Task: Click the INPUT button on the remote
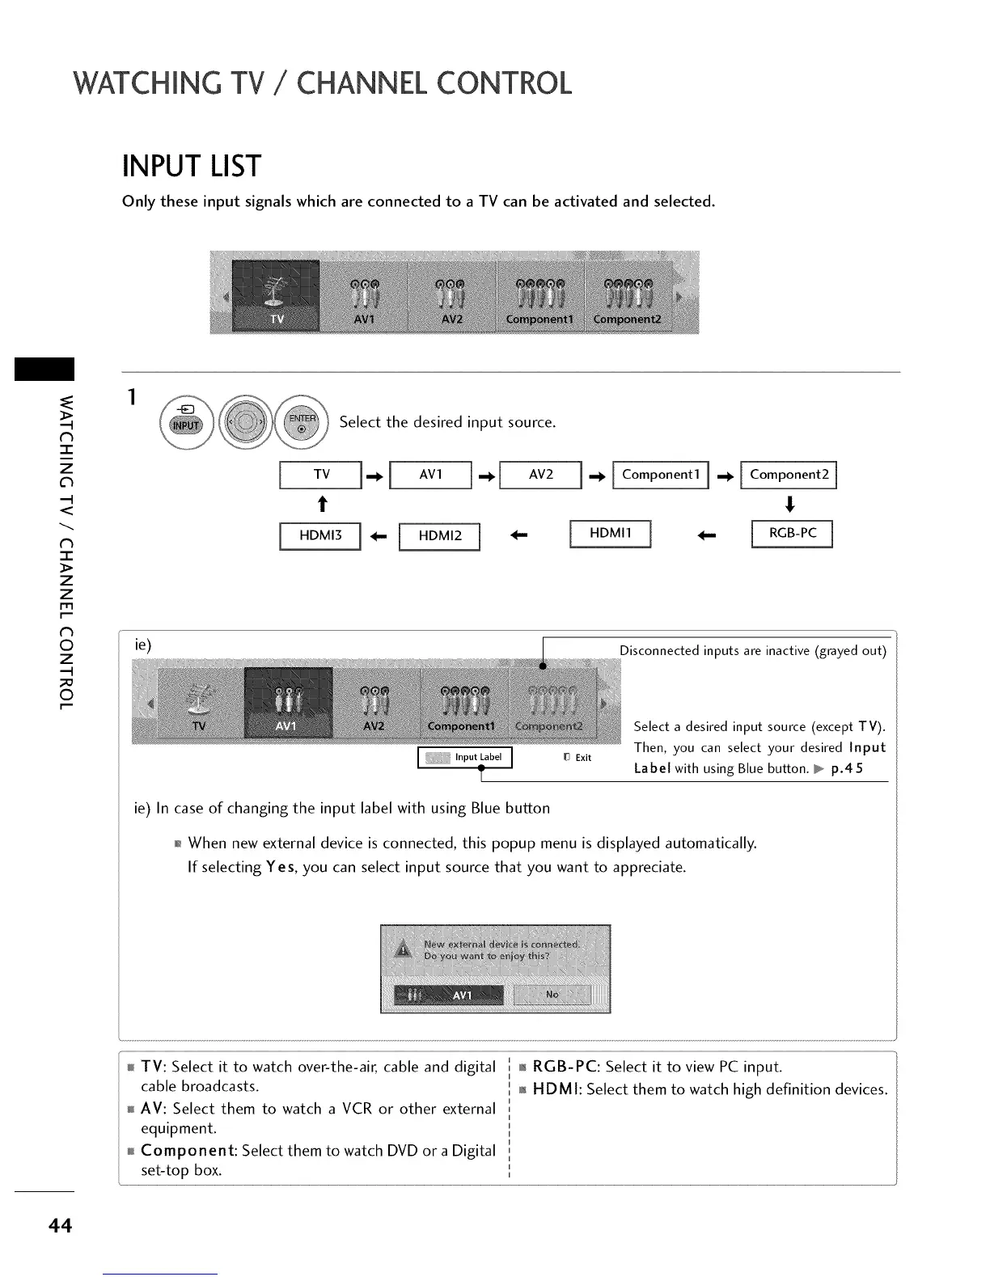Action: [x=186, y=425]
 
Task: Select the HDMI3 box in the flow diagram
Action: [x=320, y=536]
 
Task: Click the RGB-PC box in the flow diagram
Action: [x=792, y=534]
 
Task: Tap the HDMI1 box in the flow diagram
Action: [x=611, y=534]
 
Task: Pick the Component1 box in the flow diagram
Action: [x=661, y=475]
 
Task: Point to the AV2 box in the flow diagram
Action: [x=541, y=475]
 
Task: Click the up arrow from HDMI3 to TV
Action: [x=322, y=505]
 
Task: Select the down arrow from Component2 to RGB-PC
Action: [x=790, y=505]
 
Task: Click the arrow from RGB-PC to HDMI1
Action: [x=707, y=535]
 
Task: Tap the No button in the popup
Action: [x=552, y=995]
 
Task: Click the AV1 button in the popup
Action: [x=449, y=996]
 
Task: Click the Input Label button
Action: [x=465, y=758]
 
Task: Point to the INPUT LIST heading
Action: [x=191, y=167]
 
